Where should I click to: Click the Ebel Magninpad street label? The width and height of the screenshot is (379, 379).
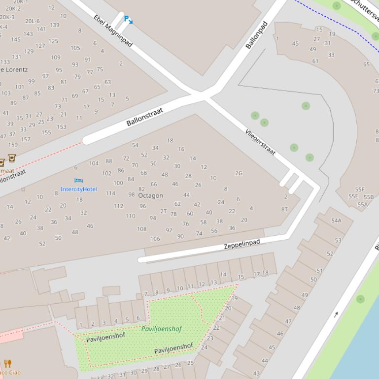[113, 31]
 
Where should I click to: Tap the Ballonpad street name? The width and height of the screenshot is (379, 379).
[256, 35]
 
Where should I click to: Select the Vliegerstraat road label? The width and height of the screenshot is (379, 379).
[260, 142]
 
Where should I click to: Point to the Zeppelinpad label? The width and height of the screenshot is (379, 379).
[242, 244]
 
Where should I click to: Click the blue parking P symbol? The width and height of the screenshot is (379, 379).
[127, 19]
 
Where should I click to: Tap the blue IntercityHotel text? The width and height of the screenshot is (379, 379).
[79, 189]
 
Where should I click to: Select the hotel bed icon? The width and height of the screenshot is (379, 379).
[78, 181]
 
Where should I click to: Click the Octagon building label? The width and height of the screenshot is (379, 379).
[150, 195]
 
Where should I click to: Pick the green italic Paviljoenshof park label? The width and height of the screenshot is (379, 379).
[162, 329]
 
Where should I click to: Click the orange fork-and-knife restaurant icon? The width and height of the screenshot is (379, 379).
[8, 364]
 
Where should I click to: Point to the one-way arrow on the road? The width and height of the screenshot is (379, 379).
[336, 314]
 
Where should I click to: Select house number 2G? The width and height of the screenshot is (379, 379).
[239, 173]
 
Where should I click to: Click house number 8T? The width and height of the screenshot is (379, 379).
[284, 209]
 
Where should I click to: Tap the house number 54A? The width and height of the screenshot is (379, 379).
[336, 221]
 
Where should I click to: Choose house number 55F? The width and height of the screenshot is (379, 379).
[360, 189]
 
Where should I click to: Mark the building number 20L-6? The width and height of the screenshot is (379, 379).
[33, 21]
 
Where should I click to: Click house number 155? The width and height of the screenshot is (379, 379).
[46, 132]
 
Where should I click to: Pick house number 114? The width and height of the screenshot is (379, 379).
[110, 193]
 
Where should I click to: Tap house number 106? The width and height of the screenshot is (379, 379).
[155, 239]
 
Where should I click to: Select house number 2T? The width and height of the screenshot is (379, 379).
[164, 211]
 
